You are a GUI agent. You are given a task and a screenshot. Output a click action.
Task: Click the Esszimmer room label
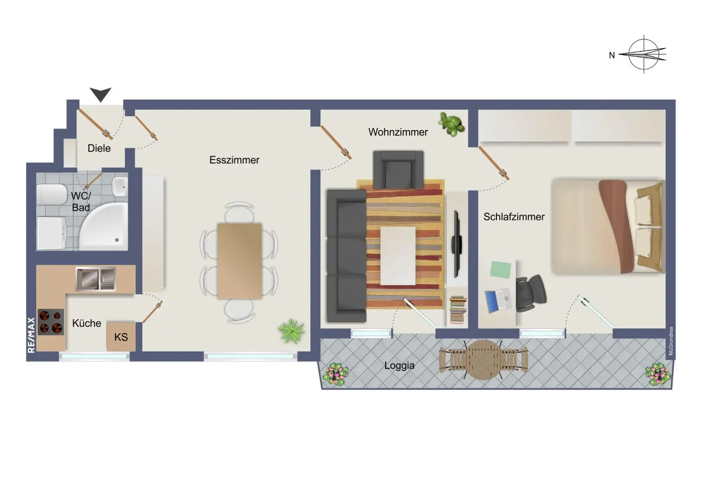click(x=234, y=160)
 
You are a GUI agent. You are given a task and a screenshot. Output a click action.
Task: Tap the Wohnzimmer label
click(x=398, y=132)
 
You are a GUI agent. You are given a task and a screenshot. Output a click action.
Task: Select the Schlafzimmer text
click(x=513, y=216)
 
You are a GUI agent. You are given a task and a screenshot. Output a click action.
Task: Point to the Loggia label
click(x=399, y=365)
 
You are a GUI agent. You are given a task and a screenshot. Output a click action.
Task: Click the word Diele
click(x=99, y=148)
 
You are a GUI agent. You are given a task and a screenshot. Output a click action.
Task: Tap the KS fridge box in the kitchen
click(x=121, y=337)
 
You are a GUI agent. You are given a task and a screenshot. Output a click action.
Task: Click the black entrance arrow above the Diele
click(x=100, y=94)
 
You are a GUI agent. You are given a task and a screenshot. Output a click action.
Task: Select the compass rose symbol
click(x=643, y=54)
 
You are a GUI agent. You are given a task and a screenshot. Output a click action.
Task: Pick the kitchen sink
click(x=96, y=279)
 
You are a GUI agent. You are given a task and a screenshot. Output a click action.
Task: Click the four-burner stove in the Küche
click(x=51, y=322)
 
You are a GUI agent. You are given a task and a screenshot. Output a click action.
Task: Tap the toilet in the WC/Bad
click(x=51, y=194)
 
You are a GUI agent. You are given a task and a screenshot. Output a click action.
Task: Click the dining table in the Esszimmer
click(x=239, y=261)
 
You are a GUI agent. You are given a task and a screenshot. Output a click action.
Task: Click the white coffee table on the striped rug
click(x=398, y=255)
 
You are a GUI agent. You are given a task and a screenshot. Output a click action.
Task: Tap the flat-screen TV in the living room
click(x=456, y=244)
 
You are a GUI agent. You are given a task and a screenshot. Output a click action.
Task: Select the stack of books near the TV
click(x=457, y=309)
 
